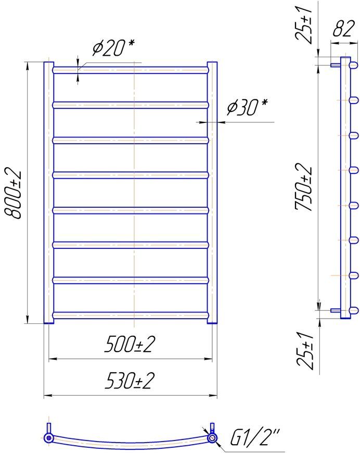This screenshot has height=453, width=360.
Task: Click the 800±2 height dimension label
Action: pyautogui.click(x=13, y=194)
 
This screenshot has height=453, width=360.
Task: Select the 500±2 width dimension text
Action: pyautogui.click(x=130, y=344)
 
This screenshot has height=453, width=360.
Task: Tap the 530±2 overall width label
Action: pyautogui.click(x=130, y=381)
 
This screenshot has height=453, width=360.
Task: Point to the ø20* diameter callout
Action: pyautogui.click(x=113, y=48)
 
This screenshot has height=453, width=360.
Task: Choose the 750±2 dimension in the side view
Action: pyautogui.click(x=303, y=187)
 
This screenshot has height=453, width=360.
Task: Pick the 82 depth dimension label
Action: pyautogui.click(x=343, y=29)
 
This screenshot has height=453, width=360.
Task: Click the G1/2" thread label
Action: pyautogui.click(x=254, y=436)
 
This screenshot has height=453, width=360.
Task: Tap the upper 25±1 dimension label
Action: pyautogui.click(x=303, y=22)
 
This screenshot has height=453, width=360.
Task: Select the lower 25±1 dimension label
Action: pyautogui.click(x=305, y=350)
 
